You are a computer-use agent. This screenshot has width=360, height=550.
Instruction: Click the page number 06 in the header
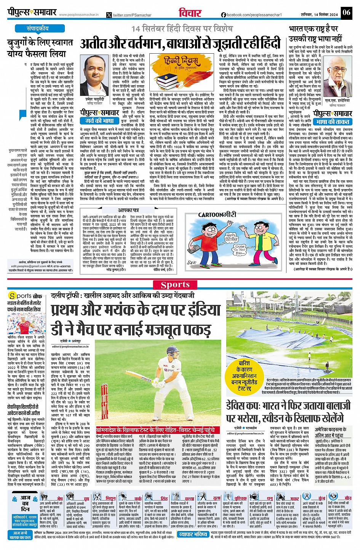346,13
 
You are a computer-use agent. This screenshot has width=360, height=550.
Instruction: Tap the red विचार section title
190,13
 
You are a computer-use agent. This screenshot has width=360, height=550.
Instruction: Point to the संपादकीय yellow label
38,29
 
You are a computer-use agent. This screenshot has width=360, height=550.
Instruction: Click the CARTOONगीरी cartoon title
217,215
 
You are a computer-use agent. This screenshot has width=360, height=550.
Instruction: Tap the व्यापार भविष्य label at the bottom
193,534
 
